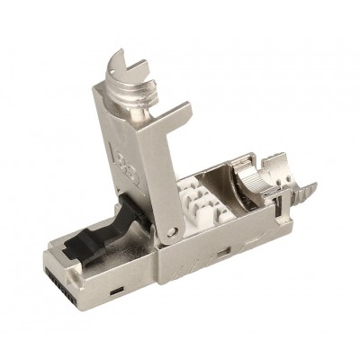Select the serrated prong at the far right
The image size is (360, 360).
pyautogui.click(x=306, y=190)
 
